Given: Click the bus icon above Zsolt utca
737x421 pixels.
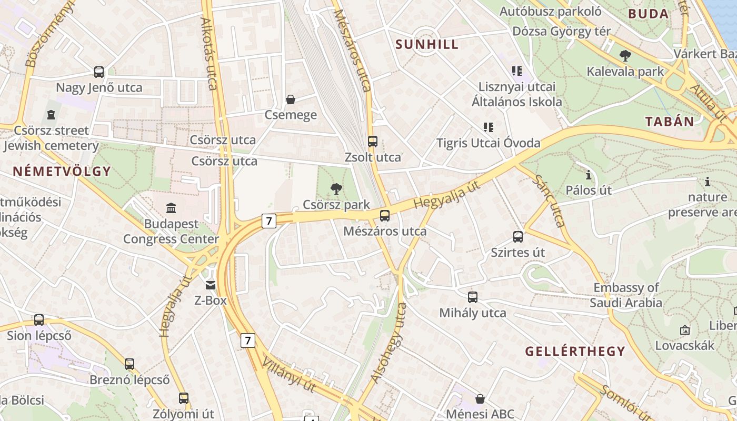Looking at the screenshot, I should pyautogui.click(x=373, y=142).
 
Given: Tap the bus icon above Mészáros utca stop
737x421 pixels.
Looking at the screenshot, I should pyautogui.click(x=385, y=215).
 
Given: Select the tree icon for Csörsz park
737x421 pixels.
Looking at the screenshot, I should pyautogui.click(x=336, y=188).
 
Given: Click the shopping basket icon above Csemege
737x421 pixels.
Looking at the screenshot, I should pyautogui.click(x=290, y=99).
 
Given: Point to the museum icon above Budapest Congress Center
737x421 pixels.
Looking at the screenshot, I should pyautogui.click(x=171, y=208).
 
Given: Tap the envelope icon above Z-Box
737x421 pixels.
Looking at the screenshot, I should pyautogui.click(x=211, y=285).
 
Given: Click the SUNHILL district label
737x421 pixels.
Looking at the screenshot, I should pyautogui.click(x=427, y=44).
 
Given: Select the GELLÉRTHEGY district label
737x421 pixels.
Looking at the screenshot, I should pyautogui.click(x=575, y=351).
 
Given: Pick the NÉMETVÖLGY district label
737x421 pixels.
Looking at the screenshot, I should pyautogui.click(x=62, y=171).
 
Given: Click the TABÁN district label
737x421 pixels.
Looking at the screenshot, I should pyautogui.click(x=670, y=122).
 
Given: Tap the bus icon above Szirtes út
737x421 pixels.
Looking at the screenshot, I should pyautogui.click(x=518, y=237).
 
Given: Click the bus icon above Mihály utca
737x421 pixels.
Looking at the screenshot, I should pyautogui.click(x=473, y=297).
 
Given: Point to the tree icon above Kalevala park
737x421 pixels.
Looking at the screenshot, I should pyautogui.click(x=625, y=55).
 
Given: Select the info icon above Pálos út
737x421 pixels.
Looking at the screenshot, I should pyautogui.click(x=589, y=174).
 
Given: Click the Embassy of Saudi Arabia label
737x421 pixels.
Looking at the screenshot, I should pyautogui.click(x=626, y=295).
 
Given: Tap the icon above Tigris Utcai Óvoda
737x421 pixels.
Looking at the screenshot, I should pyautogui.click(x=488, y=127).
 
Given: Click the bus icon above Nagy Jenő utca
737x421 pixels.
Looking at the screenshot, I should pyautogui.click(x=99, y=72).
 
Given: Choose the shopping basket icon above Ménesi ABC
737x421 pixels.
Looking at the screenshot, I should pyautogui.click(x=480, y=399).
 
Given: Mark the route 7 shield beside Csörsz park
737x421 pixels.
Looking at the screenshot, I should pyautogui.click(x=268, y=221).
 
